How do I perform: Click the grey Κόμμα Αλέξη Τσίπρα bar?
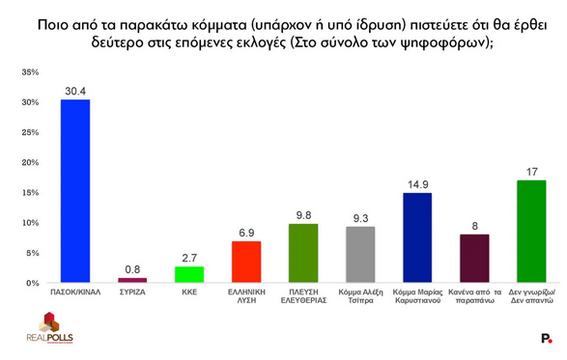(x=361, y=255)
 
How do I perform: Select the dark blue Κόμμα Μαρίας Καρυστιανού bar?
(x=417, y=237)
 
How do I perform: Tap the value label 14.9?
(x=417, y=184)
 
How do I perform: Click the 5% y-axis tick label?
(x=32, y=253)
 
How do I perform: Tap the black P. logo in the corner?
(x=547, y=338)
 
